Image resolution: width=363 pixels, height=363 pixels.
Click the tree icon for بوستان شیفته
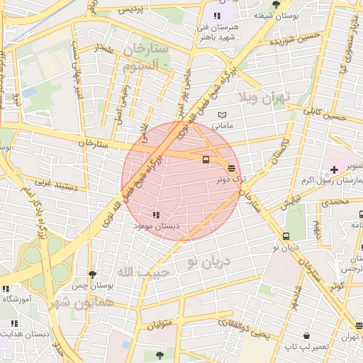pos(276,4)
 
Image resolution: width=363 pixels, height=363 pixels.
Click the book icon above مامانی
pos(223,115)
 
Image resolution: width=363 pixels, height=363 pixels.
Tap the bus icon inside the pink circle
pos(206,160)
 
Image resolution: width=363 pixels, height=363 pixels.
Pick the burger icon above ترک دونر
pos(232,168)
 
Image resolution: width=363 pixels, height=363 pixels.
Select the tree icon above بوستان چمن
pos(92,274)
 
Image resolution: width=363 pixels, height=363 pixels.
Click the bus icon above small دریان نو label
pos(286,236)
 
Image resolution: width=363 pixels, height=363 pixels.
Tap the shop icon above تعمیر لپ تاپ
pos(306,335)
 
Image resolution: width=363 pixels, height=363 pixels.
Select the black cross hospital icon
pos(334,170)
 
